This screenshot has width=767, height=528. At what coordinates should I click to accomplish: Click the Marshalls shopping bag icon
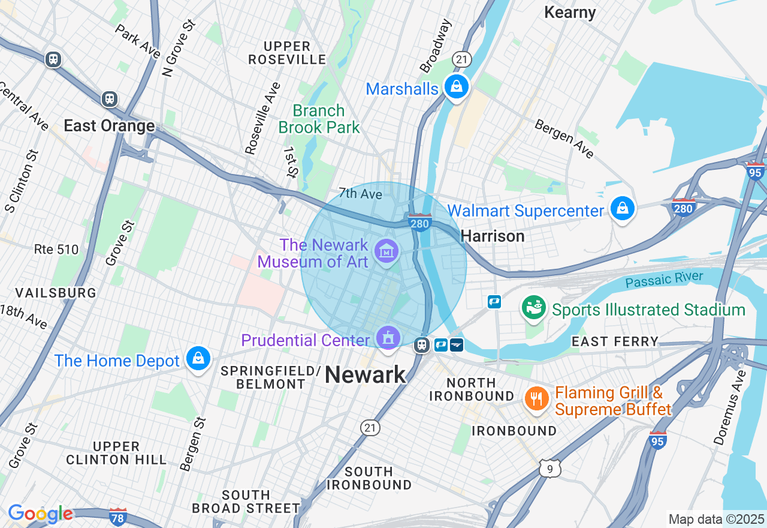tap(457, 88)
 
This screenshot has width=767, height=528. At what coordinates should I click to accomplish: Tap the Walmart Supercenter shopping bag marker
tap(623, 209)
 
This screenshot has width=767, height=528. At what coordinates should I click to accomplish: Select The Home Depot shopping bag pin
tap(198, 359)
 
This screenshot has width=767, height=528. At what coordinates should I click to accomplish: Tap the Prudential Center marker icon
tap(389, 338)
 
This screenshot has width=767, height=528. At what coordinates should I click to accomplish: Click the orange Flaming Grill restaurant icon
tap(536, 398)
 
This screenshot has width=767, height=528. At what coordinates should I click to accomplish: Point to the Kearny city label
tap(569, 13)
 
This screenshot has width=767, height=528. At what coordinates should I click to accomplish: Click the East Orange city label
tap(109, 126)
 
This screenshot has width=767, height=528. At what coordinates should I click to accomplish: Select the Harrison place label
tap(493, 236)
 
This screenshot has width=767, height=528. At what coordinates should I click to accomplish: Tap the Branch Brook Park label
tap(319, 119)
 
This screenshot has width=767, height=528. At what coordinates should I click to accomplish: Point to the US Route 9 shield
tap(549, 469)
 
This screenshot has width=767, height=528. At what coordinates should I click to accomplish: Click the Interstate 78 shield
tap(118, 517)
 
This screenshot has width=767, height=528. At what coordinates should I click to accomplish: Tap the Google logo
tap(40, 514)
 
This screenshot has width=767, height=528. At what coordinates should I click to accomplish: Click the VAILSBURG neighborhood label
tap(56, 293)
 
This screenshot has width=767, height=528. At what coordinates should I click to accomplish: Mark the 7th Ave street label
tap(360, 193)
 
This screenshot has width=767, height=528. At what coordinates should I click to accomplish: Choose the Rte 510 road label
tap(56, 250)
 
